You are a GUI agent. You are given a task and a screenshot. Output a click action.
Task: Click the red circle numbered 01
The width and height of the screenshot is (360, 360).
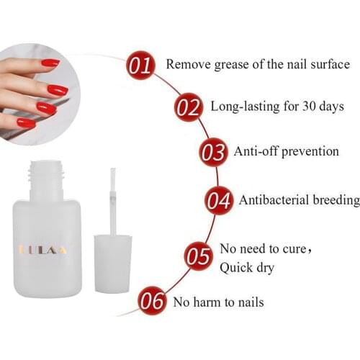tap(141, 66)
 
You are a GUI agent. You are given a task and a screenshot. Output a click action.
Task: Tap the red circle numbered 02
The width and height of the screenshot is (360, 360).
tap(189, 109)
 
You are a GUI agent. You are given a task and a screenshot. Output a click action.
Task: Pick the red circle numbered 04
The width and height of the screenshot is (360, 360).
tap(219, 201)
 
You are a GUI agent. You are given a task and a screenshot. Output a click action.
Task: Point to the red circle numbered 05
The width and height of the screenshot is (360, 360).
tap(198, 256)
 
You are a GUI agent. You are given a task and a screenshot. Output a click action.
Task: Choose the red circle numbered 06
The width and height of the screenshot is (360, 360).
tap(152, 302)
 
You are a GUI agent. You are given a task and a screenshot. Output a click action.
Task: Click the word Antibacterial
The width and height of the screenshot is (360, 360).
tap(276, 200)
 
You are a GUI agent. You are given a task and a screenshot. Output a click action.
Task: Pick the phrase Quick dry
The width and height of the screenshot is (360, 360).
tap(248, 268)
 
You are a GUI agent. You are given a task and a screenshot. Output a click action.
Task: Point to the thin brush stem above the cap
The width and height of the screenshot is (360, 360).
tap(113, 201)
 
